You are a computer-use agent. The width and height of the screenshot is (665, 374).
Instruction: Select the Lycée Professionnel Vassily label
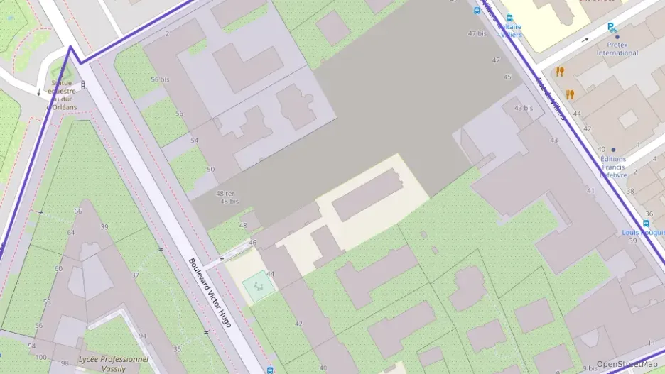(114, 364)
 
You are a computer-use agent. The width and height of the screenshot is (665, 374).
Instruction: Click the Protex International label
(617, 48)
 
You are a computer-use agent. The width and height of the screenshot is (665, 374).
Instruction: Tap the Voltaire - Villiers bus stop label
(509, 31)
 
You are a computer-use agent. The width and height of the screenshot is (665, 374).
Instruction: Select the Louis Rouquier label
(642, 232)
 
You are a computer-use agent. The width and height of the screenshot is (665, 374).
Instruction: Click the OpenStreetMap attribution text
(627, 364)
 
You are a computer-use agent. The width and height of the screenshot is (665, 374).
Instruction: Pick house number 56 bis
(160, 79)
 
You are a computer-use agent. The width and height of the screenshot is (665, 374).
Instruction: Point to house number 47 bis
(477, 33)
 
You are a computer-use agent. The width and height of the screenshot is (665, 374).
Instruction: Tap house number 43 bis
(523, 108)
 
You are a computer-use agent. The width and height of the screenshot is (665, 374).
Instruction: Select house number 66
(78, 211)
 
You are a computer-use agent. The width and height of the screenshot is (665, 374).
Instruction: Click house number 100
(42, 356)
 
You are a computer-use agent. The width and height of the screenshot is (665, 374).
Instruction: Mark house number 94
(142, 336)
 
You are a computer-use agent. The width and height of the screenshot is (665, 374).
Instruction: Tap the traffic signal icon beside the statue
(84, 85)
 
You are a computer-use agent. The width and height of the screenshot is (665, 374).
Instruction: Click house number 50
(210, 169)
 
